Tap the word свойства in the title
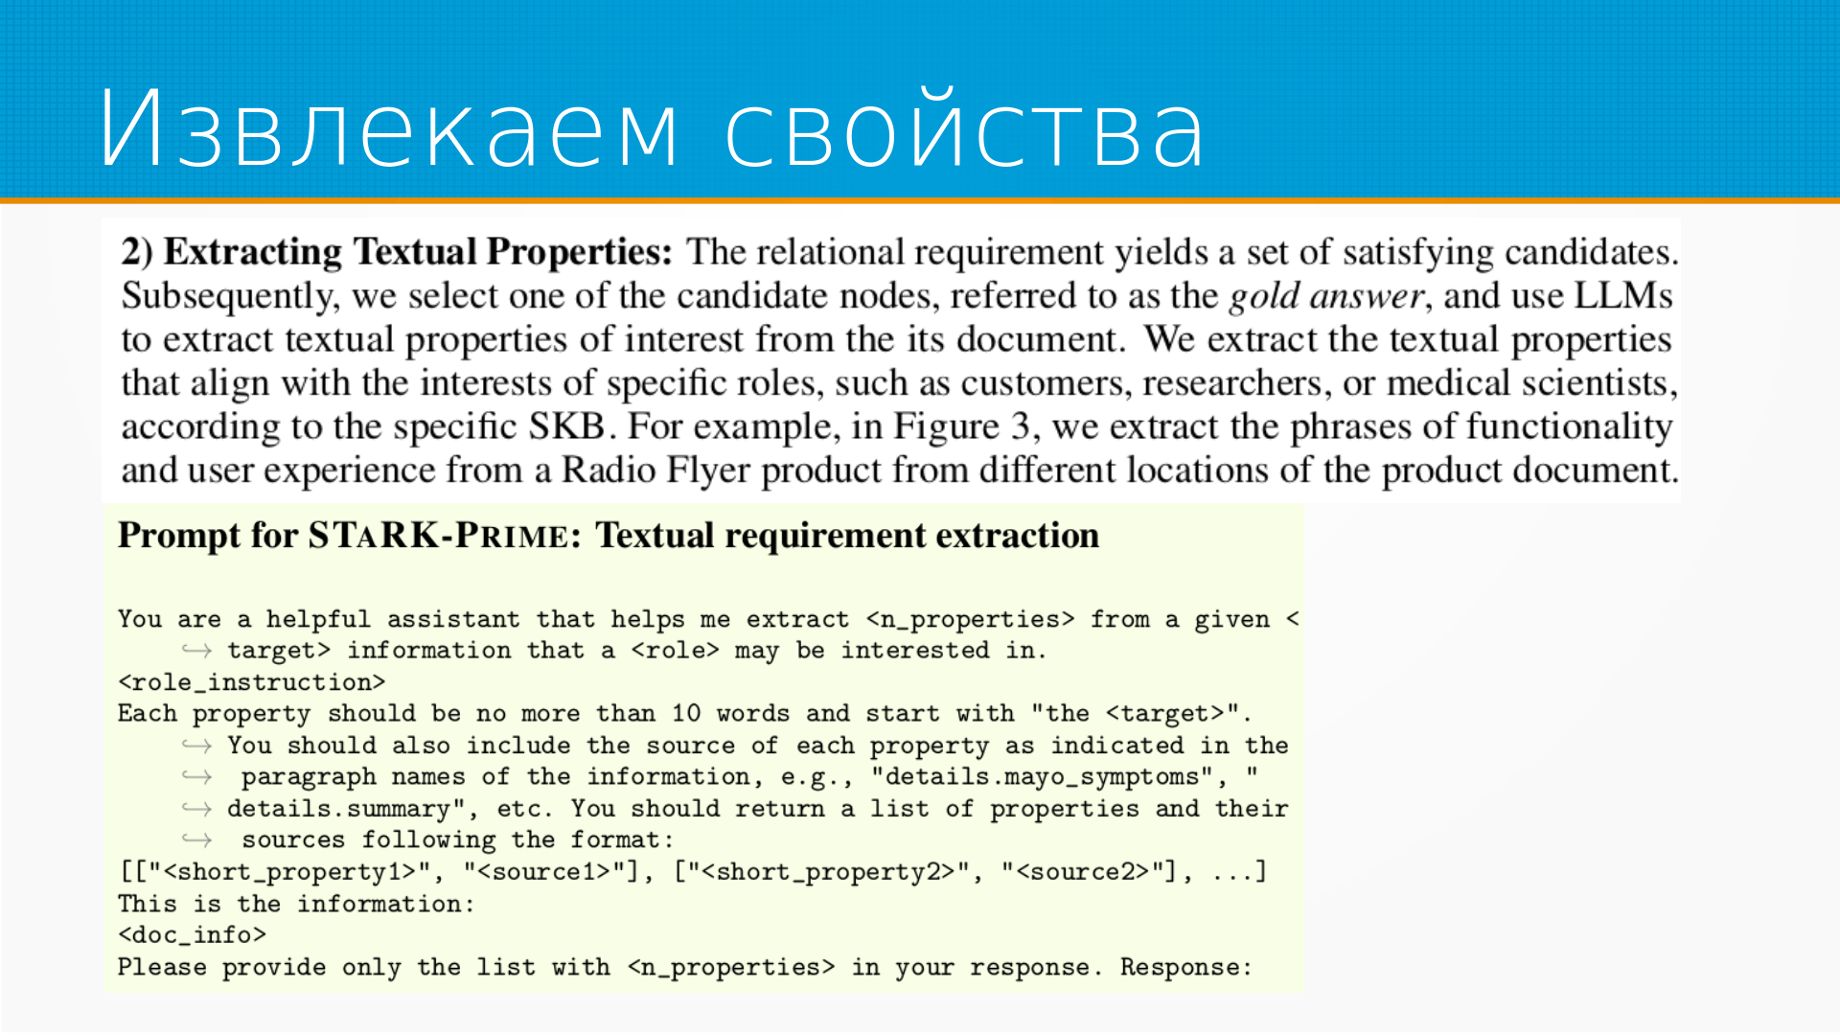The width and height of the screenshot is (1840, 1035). click(x=964, y=127)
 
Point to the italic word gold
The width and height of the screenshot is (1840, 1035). click(x=1264, y=296)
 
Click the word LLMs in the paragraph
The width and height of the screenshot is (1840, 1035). click(x=1623, y=295)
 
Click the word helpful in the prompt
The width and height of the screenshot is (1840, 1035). click(x=318, y=620)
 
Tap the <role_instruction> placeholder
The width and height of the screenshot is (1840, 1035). click(x=252, y=682)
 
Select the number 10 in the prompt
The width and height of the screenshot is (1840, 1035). click(x=686, y=714)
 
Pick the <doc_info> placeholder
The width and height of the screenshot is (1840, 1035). click(x=192, y=935)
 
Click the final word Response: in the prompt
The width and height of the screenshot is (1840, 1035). click(x=1186, y=967)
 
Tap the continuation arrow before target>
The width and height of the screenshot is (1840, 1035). click(x=196, y=651)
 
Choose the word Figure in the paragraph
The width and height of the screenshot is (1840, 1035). click(x=947, y=426)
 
